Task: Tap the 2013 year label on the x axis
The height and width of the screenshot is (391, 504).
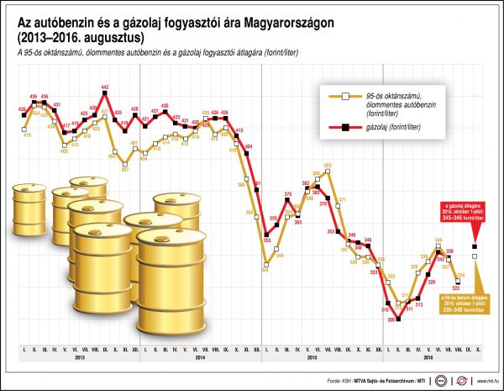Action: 78,358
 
